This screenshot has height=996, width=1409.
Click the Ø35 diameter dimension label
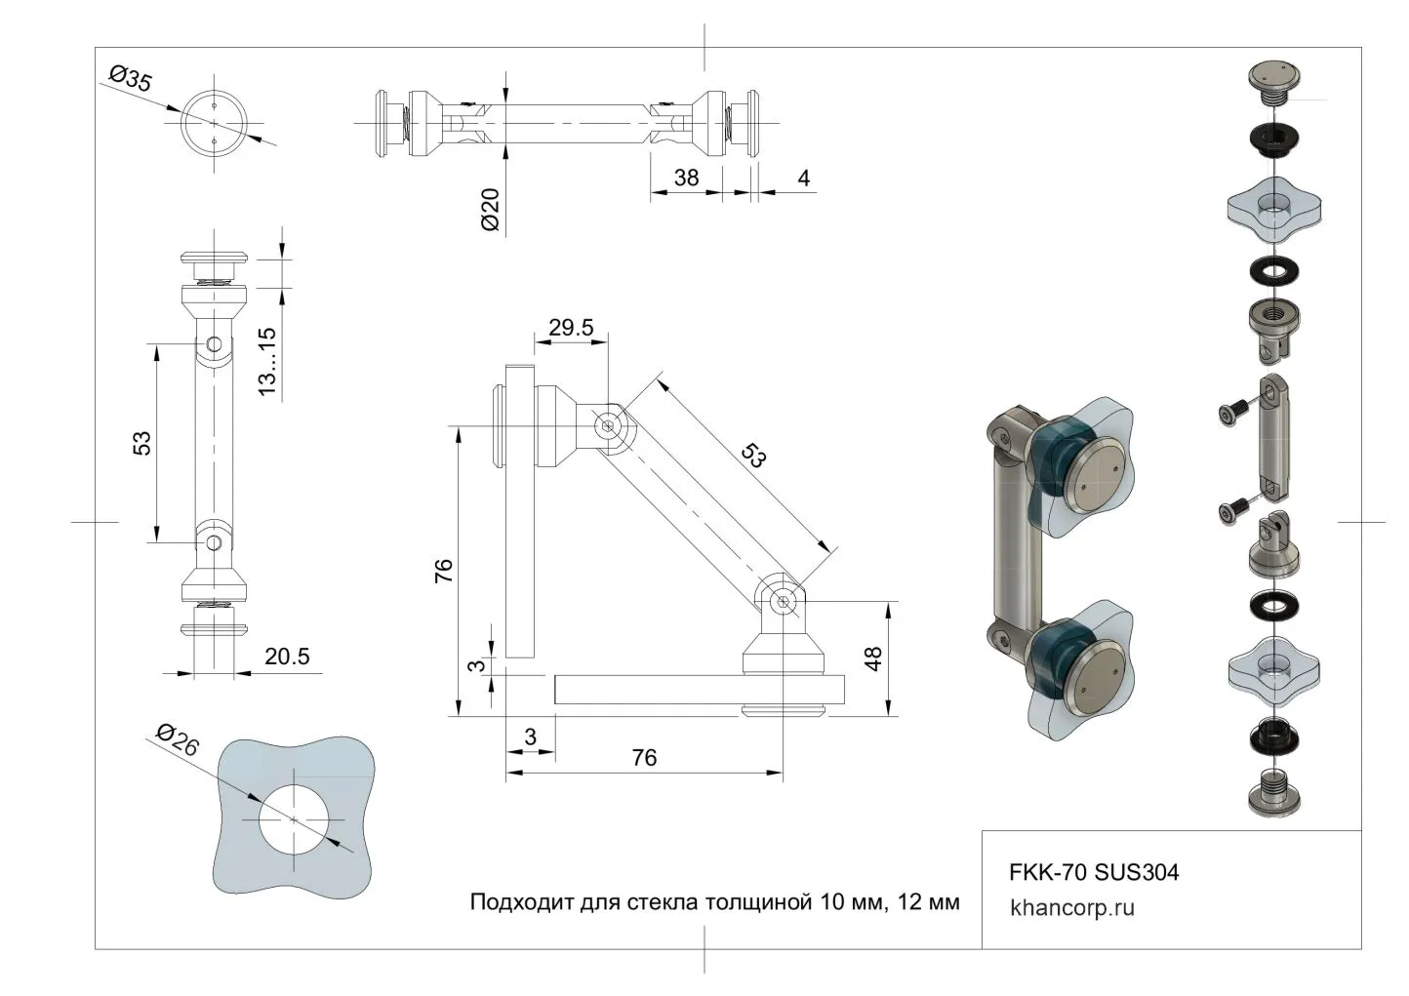(x=131, y=78)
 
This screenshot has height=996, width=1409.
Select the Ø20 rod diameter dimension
(x=490, y=209)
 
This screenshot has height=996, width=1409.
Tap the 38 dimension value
(x=686, y=178)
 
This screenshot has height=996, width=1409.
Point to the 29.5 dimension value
(x=571, y=328)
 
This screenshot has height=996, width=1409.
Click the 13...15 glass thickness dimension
(x=266, y=361)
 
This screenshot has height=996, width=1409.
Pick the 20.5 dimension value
(x=287, y=657)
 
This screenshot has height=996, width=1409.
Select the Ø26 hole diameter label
(x=177, y=740)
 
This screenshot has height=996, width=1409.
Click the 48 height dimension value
(x=873, y=659)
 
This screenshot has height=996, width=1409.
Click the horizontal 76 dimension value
(x=644, y=757)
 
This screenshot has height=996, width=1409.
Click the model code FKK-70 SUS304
(x=1094, y=871)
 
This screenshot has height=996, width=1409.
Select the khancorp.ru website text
(x=1072, y=908)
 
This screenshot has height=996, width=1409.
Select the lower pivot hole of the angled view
(x=783, y=601)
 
